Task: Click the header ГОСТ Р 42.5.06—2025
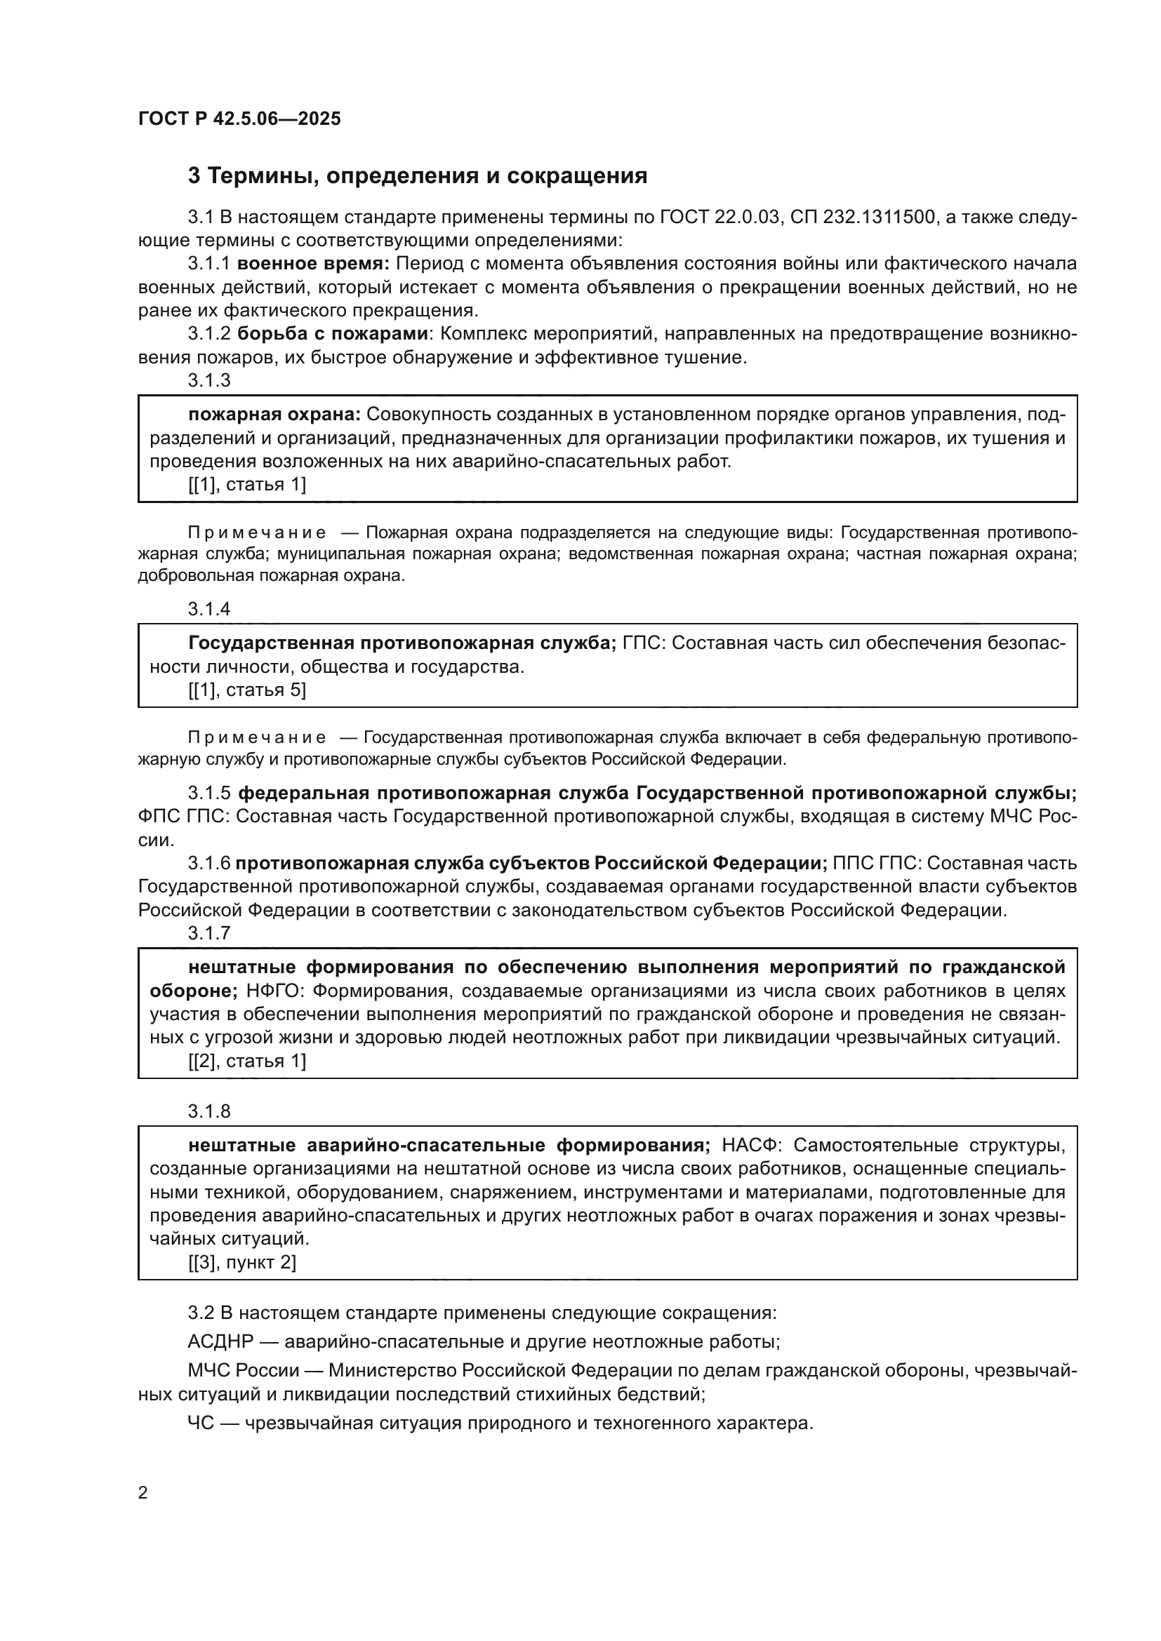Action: (x=239, y=119)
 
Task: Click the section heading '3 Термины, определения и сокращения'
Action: (x=418, y=176)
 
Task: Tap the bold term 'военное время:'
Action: (x=313, y=264)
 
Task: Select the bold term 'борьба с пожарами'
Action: (x=333, y=334)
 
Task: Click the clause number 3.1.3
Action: (x=209, y=380)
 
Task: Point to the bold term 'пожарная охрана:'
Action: (x=274, y=415)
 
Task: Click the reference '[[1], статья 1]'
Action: (x=246, y=485)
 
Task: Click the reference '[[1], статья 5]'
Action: (x=246, y=690)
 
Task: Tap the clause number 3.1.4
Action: (x=209, y=609)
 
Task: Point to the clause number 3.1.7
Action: (x=209, y=932)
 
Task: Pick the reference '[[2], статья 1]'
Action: (x=246, y=1061)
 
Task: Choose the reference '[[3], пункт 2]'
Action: (x=241, y=1262)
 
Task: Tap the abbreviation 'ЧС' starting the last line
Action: (x=201, y=1423)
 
